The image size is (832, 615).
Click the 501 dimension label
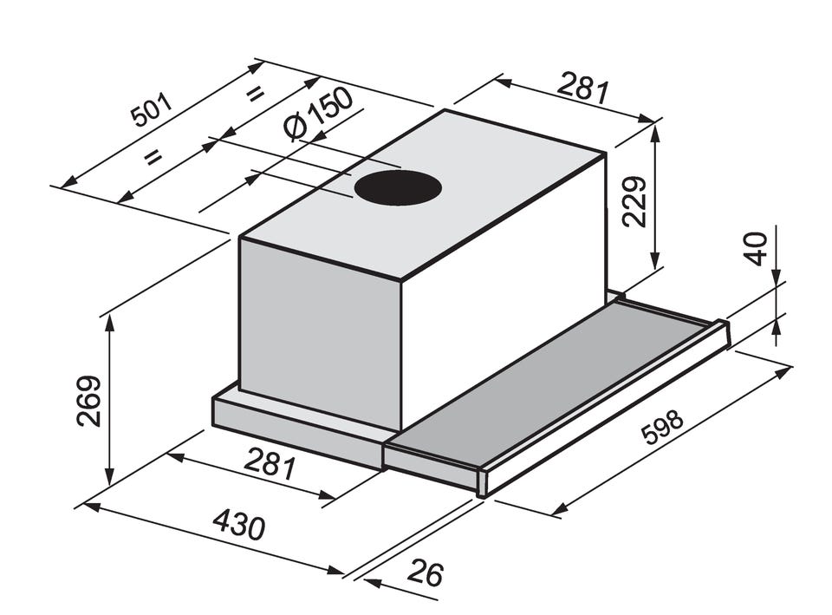[x=153, y=110]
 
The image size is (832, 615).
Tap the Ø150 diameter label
[x=318, y=114]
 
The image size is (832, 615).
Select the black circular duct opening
[x=398, y=188]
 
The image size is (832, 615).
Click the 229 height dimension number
[x=634, y=202]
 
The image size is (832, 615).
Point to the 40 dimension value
[x=755, y=249]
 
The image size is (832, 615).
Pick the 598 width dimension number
[x=661, y=427]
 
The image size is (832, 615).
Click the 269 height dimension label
[x=88, y=401]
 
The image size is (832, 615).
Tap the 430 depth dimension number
[x=239, y=524]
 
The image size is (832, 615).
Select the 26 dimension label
[x=425, y=572]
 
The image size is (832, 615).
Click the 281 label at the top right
[x=583, y=88]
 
